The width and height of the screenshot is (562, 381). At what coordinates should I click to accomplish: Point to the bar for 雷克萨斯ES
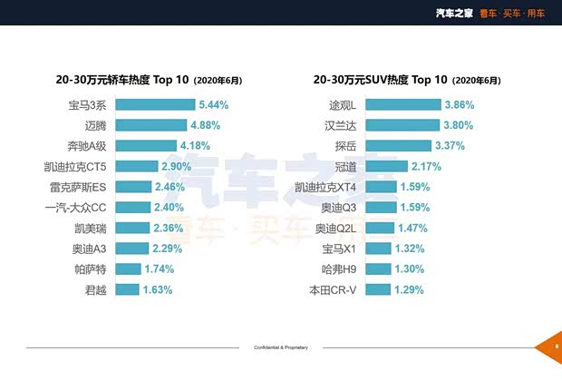pos(131,187)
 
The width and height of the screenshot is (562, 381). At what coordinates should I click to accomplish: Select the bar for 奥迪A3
pos(130,249)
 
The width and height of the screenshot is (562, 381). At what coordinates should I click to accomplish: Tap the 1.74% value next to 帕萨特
pos(158,269)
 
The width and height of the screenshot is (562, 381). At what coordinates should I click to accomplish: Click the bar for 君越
pos(127,289)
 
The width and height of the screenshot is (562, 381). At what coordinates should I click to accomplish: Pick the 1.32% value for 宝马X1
pos(411,249)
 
